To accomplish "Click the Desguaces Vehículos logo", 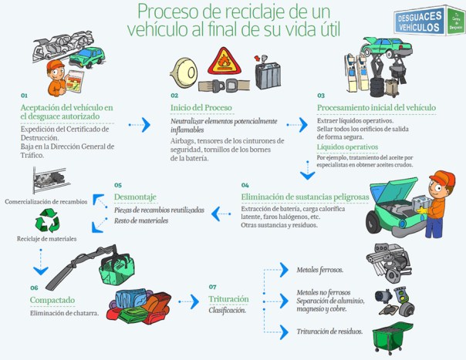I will pos(427,21).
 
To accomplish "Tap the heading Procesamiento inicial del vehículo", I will pos(377,107).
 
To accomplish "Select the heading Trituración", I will pos(228,298).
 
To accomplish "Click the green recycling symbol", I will pos(48,220).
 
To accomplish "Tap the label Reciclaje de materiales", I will pos(47,239).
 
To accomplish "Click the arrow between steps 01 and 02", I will pos(140,125).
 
